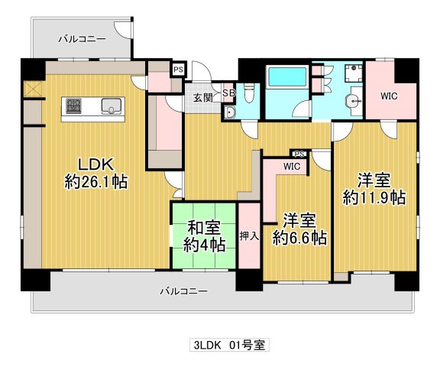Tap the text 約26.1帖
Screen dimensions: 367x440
(95, 183)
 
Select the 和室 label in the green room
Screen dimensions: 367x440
(203, 228)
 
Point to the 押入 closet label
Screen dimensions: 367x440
(249, 235)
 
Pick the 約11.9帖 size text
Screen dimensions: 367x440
(374, 197)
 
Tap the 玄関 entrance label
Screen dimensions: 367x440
(203, 98)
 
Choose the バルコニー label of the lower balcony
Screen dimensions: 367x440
(183, 291)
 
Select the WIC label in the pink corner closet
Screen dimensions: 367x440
(390, 96)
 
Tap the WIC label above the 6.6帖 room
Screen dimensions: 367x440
(292, 165)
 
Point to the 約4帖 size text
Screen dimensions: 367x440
(204, 245)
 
